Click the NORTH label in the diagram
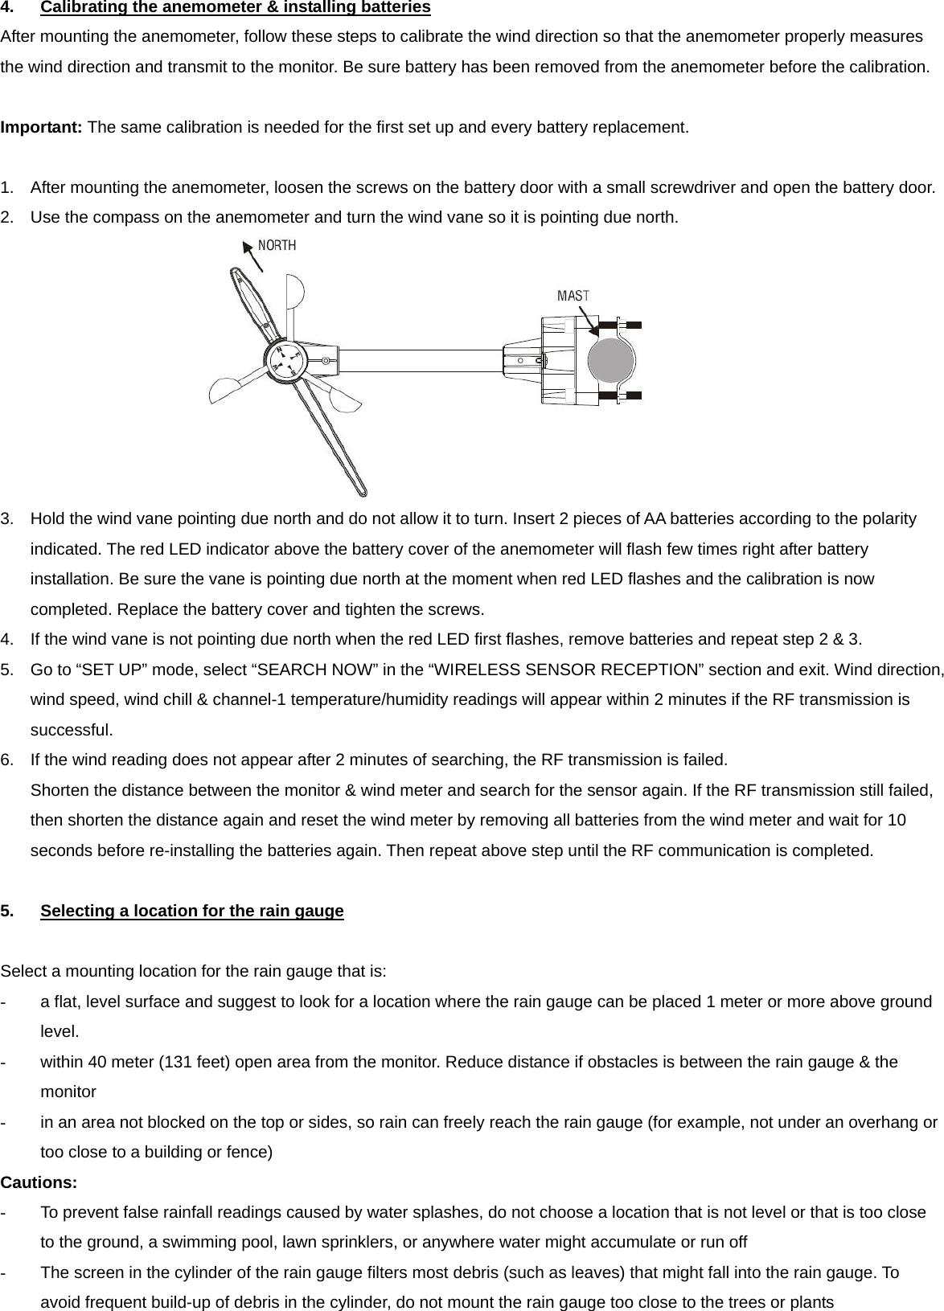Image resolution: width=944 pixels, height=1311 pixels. click(x=277, y=245)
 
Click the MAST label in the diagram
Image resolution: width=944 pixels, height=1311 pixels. click(x=573, y=296)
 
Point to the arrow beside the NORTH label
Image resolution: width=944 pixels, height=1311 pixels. click(x=252, y=257)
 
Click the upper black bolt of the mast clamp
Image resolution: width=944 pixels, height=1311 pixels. click(x=632, y=325)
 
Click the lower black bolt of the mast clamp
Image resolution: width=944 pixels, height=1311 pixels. click(x=632, y=395)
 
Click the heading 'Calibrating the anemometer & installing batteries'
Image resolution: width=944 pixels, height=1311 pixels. click(x=235, y=8)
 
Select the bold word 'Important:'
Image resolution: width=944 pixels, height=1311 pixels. click(x=42, y=128)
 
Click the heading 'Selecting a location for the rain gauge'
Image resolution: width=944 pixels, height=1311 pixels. click(x=191, y=911)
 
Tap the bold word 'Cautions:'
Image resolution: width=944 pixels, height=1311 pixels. click(x=39, y=1182)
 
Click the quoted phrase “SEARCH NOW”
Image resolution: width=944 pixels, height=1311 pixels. click(x=310, y=670)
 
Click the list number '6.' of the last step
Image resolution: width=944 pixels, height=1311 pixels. click(x=7, y=760)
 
